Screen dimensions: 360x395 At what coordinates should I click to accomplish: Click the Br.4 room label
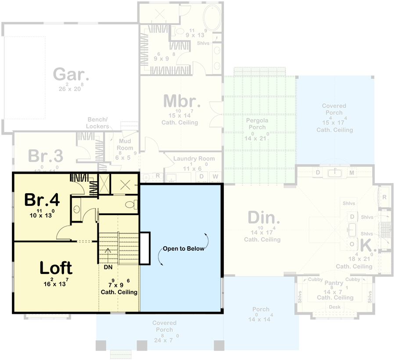(x=42, y=200)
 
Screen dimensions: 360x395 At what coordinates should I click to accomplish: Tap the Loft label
(x=56, y=267)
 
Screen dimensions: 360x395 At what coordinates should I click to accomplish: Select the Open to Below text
(x=183, y=248)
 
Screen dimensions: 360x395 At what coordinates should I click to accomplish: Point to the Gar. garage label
(x=71, y=74)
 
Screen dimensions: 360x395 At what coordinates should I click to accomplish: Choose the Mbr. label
(x=182, y=101)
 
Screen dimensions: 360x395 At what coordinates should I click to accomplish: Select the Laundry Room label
(x=194, y=158)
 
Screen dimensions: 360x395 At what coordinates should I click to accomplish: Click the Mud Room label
(x=125, y=144)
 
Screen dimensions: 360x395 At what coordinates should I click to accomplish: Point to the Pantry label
(x=333, y=284)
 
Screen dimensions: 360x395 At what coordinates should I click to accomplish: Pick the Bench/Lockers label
(x=97, y=123)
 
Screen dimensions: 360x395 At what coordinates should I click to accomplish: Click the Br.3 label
(x=46, y=156)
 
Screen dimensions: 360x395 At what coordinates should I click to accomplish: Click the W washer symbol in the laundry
(x=215, y=176)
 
